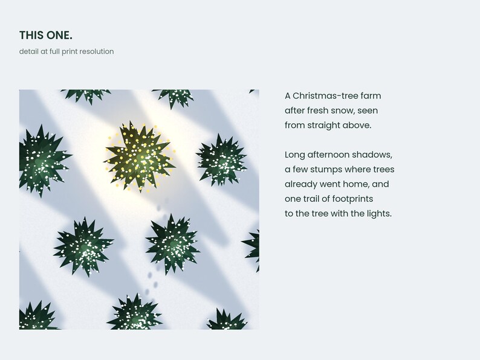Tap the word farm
click(x=371, y=95)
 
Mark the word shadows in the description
click(x=376, y=155)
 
